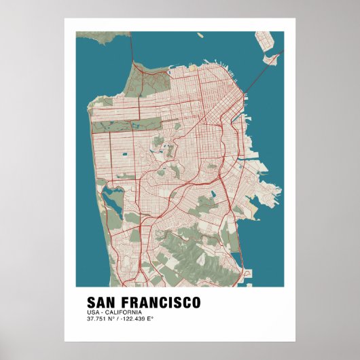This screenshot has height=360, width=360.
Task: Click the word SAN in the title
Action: (102, 302)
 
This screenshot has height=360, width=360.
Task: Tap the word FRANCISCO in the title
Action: (160, 302)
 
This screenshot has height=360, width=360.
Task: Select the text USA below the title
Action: (92, 312)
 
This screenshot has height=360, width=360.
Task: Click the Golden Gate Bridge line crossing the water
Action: (132, 48)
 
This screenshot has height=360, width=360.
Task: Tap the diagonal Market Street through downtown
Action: (204, 122)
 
